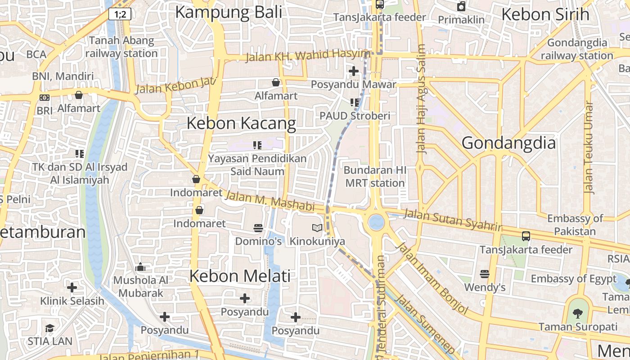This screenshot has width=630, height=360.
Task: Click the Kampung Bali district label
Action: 229,12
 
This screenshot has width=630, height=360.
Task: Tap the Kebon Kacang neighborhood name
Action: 241,123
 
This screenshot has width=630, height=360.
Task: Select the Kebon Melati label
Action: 240,276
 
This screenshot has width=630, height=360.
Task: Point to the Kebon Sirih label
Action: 545,14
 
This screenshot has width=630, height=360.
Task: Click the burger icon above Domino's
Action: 258,228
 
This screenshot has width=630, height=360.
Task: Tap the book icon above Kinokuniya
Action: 317,228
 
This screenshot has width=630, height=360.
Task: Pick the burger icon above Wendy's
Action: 485,274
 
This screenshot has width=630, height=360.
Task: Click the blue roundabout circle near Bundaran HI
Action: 376,222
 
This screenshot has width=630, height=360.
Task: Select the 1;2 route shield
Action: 120,14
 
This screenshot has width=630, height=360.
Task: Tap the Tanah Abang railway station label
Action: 121,47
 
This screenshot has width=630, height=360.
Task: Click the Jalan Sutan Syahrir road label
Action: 452,220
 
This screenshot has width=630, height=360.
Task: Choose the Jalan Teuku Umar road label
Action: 588,148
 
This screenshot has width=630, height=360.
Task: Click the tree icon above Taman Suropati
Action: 577,313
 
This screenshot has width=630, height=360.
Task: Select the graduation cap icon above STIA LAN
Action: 49,328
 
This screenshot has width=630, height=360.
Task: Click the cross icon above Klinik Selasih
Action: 72,287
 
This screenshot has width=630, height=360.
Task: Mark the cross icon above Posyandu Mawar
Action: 354,71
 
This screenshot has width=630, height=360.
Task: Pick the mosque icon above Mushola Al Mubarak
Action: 140,267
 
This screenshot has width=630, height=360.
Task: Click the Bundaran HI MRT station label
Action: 375,177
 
